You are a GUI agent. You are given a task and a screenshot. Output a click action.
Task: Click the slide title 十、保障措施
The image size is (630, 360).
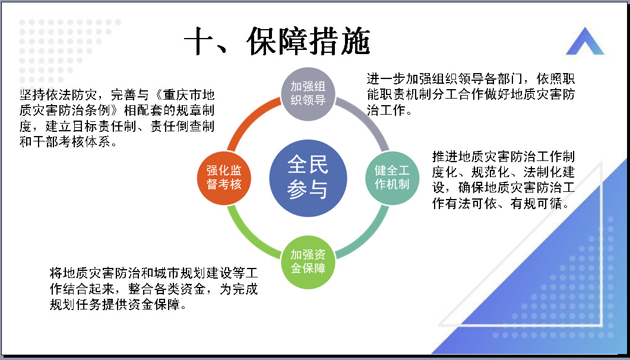pyautogui.click(x=277, y=41)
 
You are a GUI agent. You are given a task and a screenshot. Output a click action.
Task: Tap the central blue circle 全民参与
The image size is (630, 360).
pyautogui.click(x=308, y=178)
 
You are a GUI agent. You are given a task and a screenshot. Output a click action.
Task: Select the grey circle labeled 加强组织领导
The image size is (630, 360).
pyautogui.click(x=308, y=94)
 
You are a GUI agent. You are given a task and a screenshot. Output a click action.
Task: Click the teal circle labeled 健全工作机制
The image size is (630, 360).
pyautogui.click(x=392, y=178)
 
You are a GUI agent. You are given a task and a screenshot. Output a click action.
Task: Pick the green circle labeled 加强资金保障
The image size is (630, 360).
pyautogui.click(x=308, y=262)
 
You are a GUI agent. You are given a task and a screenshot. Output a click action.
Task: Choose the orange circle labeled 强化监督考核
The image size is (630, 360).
pyautogui.click(x=224, y=178)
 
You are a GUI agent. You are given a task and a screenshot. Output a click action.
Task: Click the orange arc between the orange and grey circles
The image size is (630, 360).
pyautogui.click(x=250, y=120)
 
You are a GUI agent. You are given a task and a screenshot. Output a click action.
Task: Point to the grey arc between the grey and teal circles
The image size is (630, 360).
pyautogui.click(x=366, y=120)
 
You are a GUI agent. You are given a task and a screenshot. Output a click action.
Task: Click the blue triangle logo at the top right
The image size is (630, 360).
pyautogui.click(x=585, y=41)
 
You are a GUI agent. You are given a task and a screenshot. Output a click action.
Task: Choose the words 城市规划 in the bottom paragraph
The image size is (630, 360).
pyautogui.click(x=179, y=273)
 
